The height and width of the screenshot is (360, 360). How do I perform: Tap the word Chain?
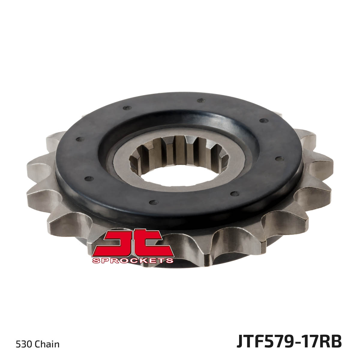[47, 344]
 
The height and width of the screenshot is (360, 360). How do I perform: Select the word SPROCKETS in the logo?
[133, 260]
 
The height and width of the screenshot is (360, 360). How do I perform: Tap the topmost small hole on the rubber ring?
[200, 101]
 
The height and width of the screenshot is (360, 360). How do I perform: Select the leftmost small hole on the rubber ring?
[79, 139]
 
